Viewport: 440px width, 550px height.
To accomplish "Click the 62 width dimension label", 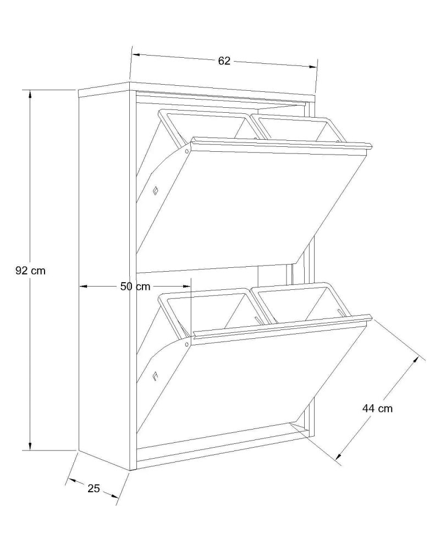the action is (x=224, y=61).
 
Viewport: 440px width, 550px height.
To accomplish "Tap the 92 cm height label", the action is (x=31, y=271).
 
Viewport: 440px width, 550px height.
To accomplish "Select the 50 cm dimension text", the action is (x=135, y=286).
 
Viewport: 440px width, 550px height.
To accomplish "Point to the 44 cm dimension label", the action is (x=377, y=408).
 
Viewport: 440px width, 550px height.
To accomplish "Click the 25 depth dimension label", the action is (x=94, y=488).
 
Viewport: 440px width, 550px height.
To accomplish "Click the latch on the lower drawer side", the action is (x=156, y=376).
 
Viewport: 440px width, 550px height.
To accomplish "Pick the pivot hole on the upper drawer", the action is (x=186, y=151).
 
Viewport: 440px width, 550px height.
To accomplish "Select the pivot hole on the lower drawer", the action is (x=186, y=344).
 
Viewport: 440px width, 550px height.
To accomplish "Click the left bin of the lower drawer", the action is (x=207, y=309).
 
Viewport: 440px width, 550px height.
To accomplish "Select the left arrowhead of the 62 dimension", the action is (x=136, y=54).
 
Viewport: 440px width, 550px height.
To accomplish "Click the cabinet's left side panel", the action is (x=104, y=277).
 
